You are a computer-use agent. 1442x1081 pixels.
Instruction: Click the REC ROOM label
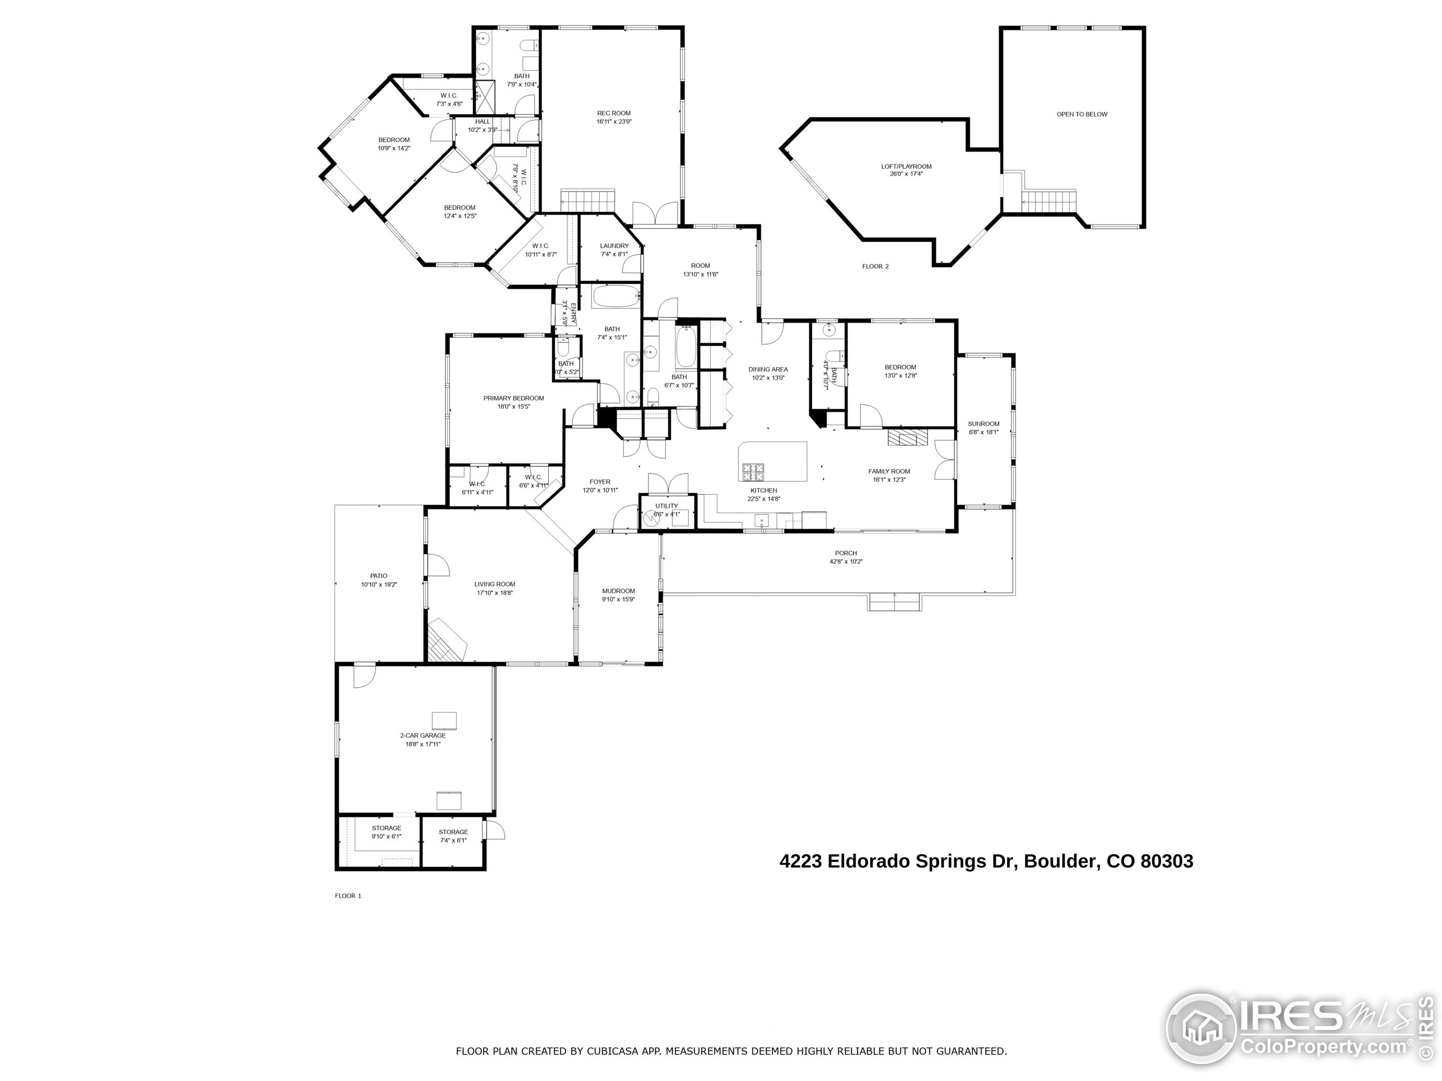coord(613,113)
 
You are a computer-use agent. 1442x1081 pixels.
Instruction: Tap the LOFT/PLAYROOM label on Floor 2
coord(906,167)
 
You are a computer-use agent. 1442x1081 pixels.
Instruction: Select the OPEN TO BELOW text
coord(1081,115)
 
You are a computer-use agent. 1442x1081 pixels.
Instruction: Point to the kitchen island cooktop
coord(753,469)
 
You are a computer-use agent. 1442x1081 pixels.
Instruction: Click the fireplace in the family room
coord(906,438)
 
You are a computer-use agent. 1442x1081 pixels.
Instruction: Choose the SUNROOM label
coord(983,424)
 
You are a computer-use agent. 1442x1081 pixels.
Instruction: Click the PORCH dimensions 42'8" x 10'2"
coord(845,562)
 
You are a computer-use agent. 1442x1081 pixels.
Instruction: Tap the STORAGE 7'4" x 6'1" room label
coord(452,832)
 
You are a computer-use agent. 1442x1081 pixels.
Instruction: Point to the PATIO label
coord(378,576)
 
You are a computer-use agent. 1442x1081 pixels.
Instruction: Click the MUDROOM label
coord(618,591)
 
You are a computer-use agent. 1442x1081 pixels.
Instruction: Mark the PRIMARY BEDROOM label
coord(513,398)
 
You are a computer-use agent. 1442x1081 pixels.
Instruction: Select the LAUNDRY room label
coord(614,246)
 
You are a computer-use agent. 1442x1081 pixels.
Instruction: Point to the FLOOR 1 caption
coord(348,896)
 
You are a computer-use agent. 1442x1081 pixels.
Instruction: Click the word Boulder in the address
coord(1060,861)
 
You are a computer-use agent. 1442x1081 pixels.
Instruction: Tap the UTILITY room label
coord(666,506)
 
